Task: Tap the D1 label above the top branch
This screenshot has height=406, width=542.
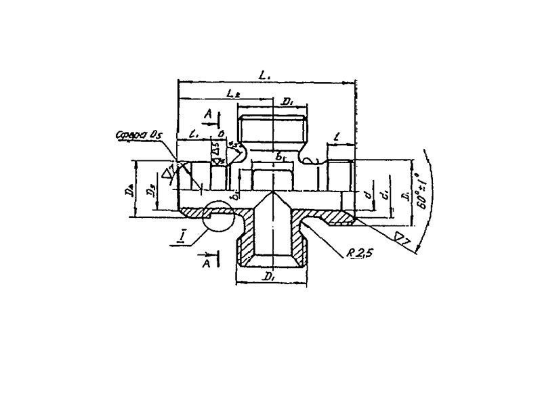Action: tap(286, 102)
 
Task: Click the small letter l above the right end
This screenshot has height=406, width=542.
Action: tap(337, 137)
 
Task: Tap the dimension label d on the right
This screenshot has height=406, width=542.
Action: tap(367, 196)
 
